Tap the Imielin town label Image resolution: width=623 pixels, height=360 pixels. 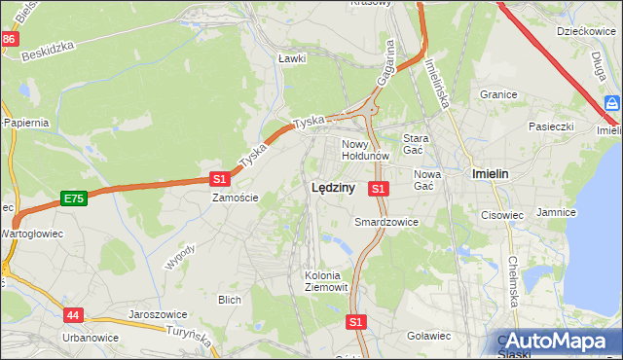[490, 173]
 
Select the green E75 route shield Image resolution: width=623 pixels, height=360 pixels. [72, 198]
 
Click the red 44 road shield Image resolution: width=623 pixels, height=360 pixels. [75, 315]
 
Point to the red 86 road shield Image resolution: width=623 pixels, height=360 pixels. [9, 39]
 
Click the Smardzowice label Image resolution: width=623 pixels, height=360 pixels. [386, 222]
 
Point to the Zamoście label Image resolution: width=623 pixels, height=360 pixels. [236, 198]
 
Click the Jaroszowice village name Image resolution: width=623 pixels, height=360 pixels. [158, 315]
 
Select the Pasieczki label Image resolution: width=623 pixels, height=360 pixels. [554, 126]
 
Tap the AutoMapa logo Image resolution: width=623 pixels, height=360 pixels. [557, 341]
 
